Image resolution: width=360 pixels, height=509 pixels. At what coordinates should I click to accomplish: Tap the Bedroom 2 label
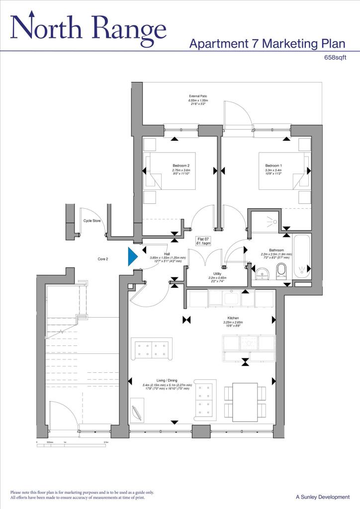[181, 166]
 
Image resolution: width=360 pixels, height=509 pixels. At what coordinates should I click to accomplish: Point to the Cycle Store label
[91, 221]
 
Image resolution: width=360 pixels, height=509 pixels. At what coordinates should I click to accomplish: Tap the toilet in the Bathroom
[281, 271]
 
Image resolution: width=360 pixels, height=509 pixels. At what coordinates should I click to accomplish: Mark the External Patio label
[198, 96]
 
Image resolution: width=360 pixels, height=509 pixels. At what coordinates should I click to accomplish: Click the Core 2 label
[103, 259]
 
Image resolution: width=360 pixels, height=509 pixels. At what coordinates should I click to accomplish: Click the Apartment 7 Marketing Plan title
[267, 44]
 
